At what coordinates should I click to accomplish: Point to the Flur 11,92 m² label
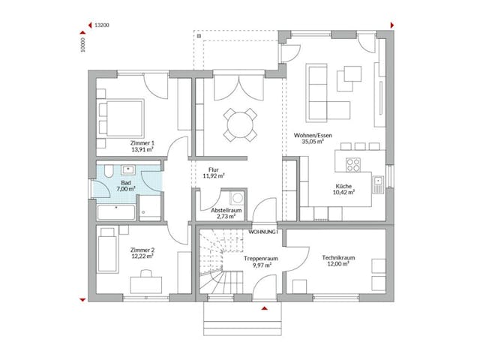[214, 174]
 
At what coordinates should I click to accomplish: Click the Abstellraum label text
[225, 211]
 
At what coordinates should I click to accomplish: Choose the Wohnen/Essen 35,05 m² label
[316, 138]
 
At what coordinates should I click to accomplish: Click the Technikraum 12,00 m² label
[337, 262]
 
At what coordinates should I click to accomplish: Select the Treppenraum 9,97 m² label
[261, 262]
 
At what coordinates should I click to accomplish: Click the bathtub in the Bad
[116, 211]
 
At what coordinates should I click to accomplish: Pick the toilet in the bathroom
[108, 170]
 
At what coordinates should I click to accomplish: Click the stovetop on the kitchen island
[352, 163]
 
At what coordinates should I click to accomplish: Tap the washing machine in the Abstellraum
[238, 198]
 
